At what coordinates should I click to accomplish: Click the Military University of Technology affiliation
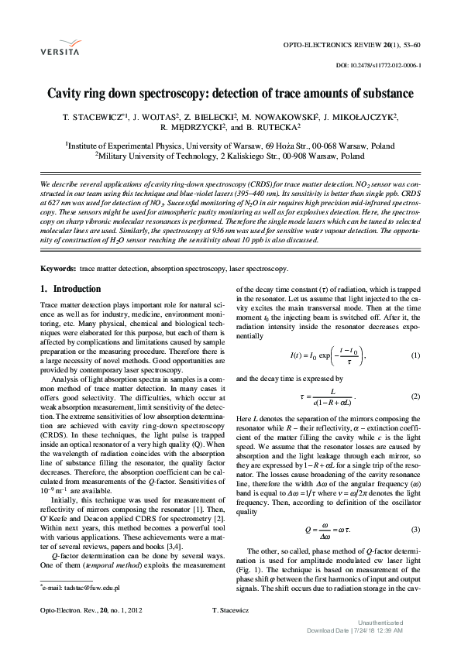230,156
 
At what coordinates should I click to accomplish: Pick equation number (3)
415,508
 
